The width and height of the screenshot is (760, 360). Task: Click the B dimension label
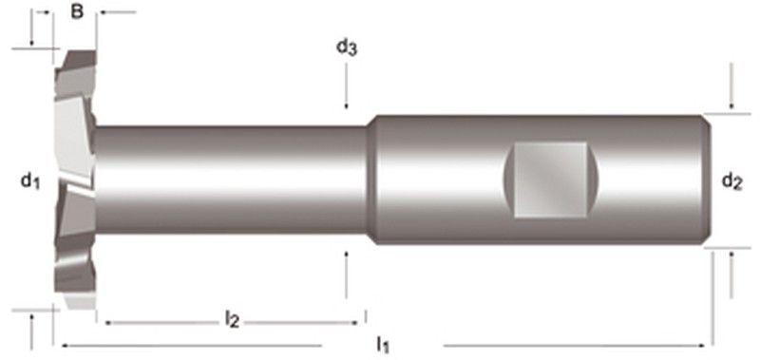point(77,11)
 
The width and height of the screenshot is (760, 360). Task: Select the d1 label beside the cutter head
point(30,181)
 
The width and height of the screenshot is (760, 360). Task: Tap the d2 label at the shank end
point(731,181)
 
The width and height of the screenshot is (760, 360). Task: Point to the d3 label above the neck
point(347,47)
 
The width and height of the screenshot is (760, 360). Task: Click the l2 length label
point(232,320)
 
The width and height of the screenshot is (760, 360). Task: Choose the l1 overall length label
point(383,345)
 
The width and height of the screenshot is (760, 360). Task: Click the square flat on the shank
point(550,180)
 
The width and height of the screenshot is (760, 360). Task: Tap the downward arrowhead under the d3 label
point(346,105)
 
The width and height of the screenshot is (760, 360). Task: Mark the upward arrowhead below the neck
point(346,255)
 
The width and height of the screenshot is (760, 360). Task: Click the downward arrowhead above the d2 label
point(731,106)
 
